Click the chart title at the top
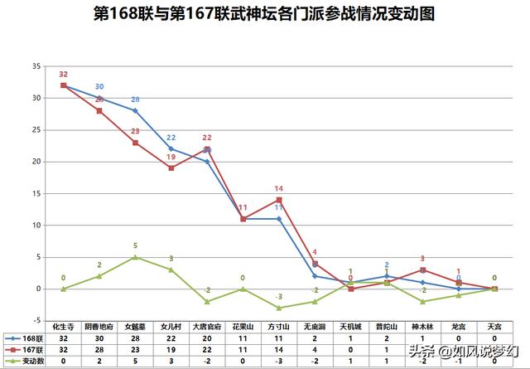point(264,14)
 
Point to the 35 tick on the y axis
point(35,66)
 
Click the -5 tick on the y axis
point(35,320)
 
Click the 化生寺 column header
point(63,328)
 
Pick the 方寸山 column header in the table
point(279,328)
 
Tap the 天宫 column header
point(494,328)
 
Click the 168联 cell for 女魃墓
point(135,338)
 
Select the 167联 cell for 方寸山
point(279,349)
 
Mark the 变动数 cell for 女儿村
point(171,361)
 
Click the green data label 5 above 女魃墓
point(135,245)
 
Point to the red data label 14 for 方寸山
point(279,188)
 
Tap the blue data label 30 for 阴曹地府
point(99,86)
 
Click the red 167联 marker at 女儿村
point(171,168)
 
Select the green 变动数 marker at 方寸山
point(279,308)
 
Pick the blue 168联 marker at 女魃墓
point(135,110)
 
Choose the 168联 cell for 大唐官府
point(207,338)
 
